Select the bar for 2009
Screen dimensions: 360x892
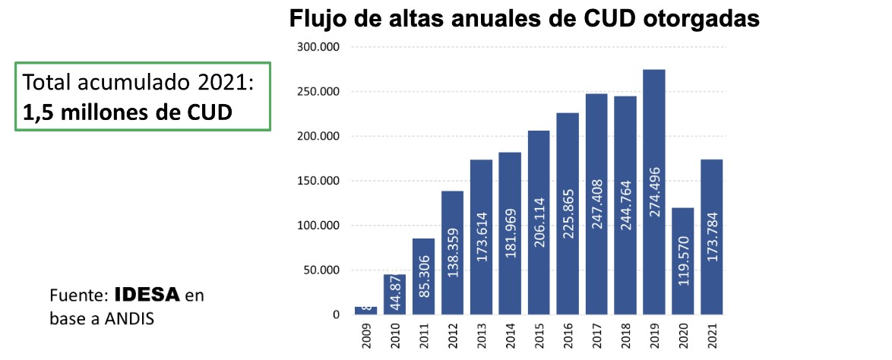pyautogui.click(x=365, y=311)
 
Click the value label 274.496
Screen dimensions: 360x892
pyautogui.click(x=655, y=191)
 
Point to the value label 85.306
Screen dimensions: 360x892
pyautogui.click(x=424, y=282)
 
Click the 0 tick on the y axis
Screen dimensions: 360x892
pyautogui.click(x=335, y=314)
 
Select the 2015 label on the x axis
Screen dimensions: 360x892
pyautogui.click(x=539, y=336)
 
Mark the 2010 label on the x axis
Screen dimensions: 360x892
pyautogui.click(x=395, y=336)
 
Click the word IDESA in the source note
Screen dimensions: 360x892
pyautogui.click(x=147, y=295)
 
